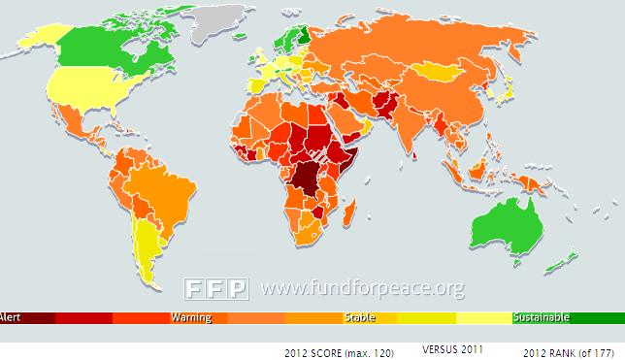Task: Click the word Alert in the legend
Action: pyautogui.click(x=11, y=317)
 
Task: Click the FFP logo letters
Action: pyautogui.click(x=217, y=288)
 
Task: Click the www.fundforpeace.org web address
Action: pyautogui.click(x=361, y=288)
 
